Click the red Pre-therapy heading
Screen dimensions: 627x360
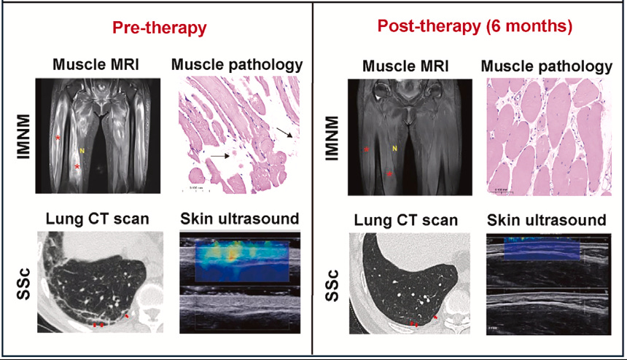click(x=159, y=28)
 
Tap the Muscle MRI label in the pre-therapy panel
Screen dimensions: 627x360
click(x=96, y=65)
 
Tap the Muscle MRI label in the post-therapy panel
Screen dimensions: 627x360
click(x=406, y=67)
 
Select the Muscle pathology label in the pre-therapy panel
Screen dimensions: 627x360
click(x=236, y=65)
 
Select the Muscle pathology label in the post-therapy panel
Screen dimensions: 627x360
click(x=547, y=67)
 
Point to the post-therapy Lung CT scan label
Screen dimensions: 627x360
click(x=406, y=220)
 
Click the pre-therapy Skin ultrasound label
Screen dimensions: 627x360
click(x=239, y=218)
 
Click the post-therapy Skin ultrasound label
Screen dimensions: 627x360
click(x=546, y=220)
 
